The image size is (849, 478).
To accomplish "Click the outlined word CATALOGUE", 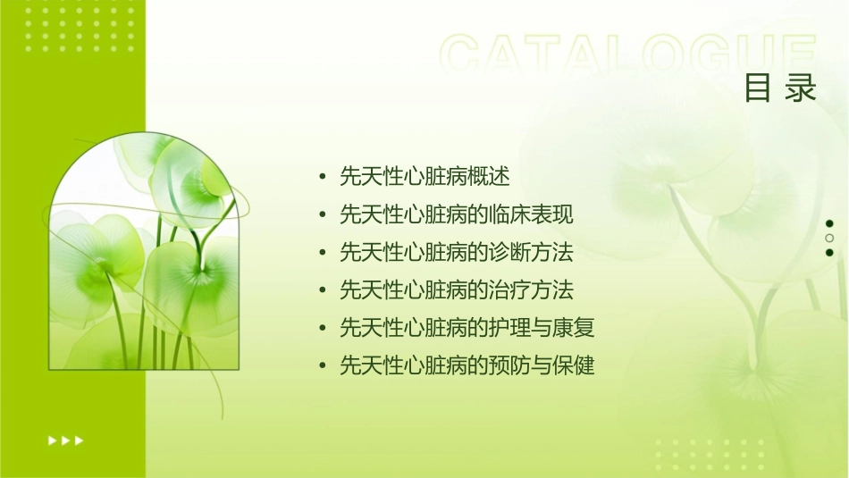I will [x=628, y=55].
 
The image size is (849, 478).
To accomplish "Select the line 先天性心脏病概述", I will [x=424, y=177].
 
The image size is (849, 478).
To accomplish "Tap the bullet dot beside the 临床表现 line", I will [x=323, y=215].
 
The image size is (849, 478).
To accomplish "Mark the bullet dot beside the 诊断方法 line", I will [x=323, y=253].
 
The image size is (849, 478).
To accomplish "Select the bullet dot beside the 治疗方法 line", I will [x=323, y=290].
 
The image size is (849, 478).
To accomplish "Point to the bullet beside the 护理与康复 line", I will [x=323, y=328].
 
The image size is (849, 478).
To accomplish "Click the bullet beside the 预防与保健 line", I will [x=323, y=365].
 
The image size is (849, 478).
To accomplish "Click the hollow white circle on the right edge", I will [x=829, y=238].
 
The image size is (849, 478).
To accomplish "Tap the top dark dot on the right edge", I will [x=829, y=223].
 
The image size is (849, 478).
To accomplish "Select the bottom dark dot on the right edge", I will [x=829, y=252].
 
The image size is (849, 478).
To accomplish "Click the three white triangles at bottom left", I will [x=65, y=440].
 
